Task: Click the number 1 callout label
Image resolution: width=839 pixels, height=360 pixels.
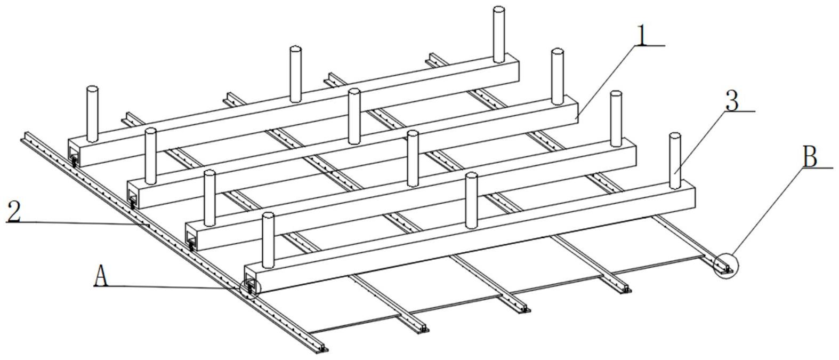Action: click(642, 36)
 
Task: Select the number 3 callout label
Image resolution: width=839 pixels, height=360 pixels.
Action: click(732, 101)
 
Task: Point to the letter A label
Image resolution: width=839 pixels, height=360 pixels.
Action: click(101, 275)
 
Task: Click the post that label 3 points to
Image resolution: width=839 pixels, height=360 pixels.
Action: click(675, 161)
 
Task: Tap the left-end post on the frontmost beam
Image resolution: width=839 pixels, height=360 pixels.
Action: click(268, 240)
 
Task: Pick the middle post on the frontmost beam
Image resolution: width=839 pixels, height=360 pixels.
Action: click(471, 200)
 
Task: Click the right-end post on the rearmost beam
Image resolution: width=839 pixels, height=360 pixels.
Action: click(498, 34)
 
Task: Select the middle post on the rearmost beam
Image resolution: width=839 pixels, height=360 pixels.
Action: click(295, 74)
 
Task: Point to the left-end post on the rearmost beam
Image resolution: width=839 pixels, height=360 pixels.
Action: click(92, 114)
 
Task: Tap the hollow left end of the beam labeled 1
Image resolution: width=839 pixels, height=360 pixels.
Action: click(133, 194)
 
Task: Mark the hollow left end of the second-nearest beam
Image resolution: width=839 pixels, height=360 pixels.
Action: click(191, 236)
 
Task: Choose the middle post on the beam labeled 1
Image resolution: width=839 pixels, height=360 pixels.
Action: click(354, 116)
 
